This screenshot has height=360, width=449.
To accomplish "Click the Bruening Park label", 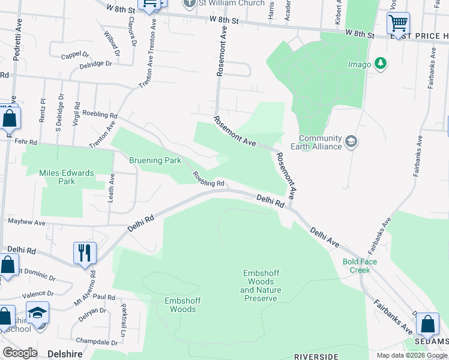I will tap(155, 161).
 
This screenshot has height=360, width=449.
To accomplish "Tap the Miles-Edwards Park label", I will tap(67, 177).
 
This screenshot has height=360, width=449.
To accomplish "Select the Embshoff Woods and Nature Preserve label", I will tap(261, 286).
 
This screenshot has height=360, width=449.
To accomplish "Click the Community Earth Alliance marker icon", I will tap(351, 142).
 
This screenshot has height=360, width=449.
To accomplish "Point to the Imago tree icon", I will tap(379, 63).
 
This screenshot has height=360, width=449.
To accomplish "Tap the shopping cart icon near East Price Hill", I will tap(398, 24).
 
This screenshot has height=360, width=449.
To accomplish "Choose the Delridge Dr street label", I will tap(95, 63).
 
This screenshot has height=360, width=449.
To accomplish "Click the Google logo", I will tap(20, 353).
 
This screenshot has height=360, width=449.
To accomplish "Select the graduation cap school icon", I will tap(37, 314).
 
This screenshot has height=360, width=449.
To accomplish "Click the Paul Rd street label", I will tap(104, 297).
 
